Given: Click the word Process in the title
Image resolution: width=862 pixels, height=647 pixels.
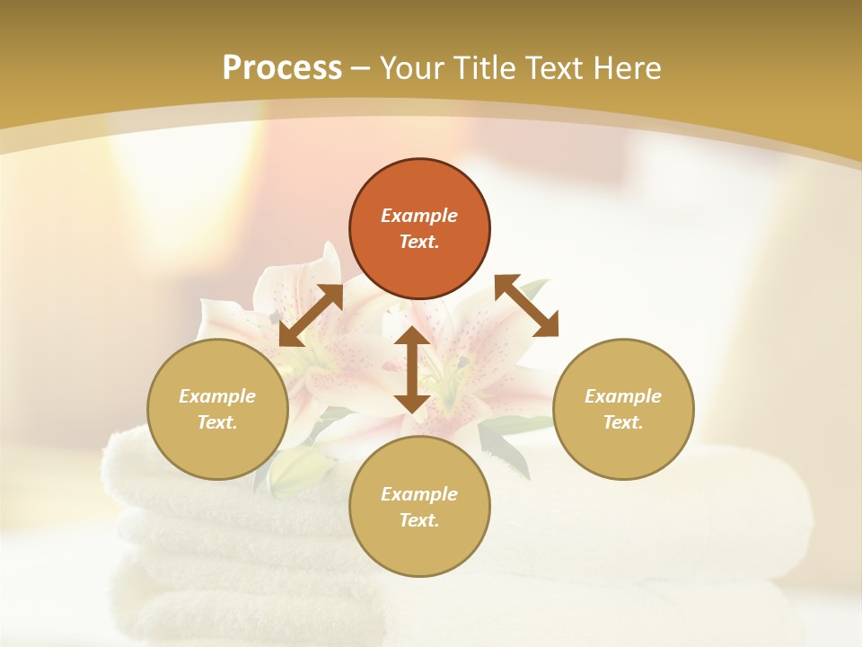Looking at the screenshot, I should pos(282,68).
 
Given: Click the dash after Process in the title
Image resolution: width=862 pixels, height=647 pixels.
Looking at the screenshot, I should pos(360,70).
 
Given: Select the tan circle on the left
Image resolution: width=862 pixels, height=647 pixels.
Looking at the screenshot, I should pos(217,409).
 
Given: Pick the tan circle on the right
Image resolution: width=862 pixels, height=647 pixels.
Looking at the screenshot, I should pos(623,409).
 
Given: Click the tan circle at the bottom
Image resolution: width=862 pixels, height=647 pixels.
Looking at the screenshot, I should pos(419,507).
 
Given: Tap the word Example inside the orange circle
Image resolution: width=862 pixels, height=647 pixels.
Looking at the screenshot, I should pos(419,216).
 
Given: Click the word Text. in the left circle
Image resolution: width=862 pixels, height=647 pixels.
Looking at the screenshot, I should pos(217,422).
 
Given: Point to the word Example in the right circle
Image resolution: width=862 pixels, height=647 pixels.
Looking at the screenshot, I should pos(623,396).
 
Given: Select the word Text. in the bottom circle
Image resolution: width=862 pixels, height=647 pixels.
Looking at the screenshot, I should pos(419,520).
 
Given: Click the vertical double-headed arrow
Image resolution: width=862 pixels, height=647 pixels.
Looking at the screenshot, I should pos(411,369).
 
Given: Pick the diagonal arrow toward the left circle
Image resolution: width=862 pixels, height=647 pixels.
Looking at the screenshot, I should pos(311,315).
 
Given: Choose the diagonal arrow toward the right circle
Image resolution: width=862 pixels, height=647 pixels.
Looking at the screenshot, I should pos(526,306).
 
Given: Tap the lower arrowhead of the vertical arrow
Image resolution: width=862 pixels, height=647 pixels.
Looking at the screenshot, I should pos(411,402).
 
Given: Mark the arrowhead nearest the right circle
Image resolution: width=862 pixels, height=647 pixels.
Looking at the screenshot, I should pos(546,324).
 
